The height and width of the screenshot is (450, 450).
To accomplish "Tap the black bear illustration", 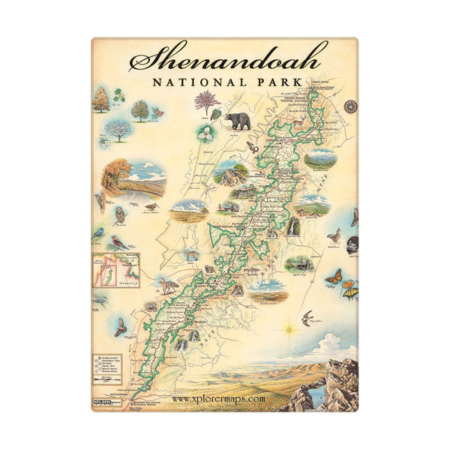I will (x=238, y=121).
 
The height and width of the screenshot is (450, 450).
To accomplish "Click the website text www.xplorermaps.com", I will (x=218, y=398).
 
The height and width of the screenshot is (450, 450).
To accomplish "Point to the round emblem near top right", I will (x=349, y=106).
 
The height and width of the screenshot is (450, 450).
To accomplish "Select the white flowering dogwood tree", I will (x=116, y=129).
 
